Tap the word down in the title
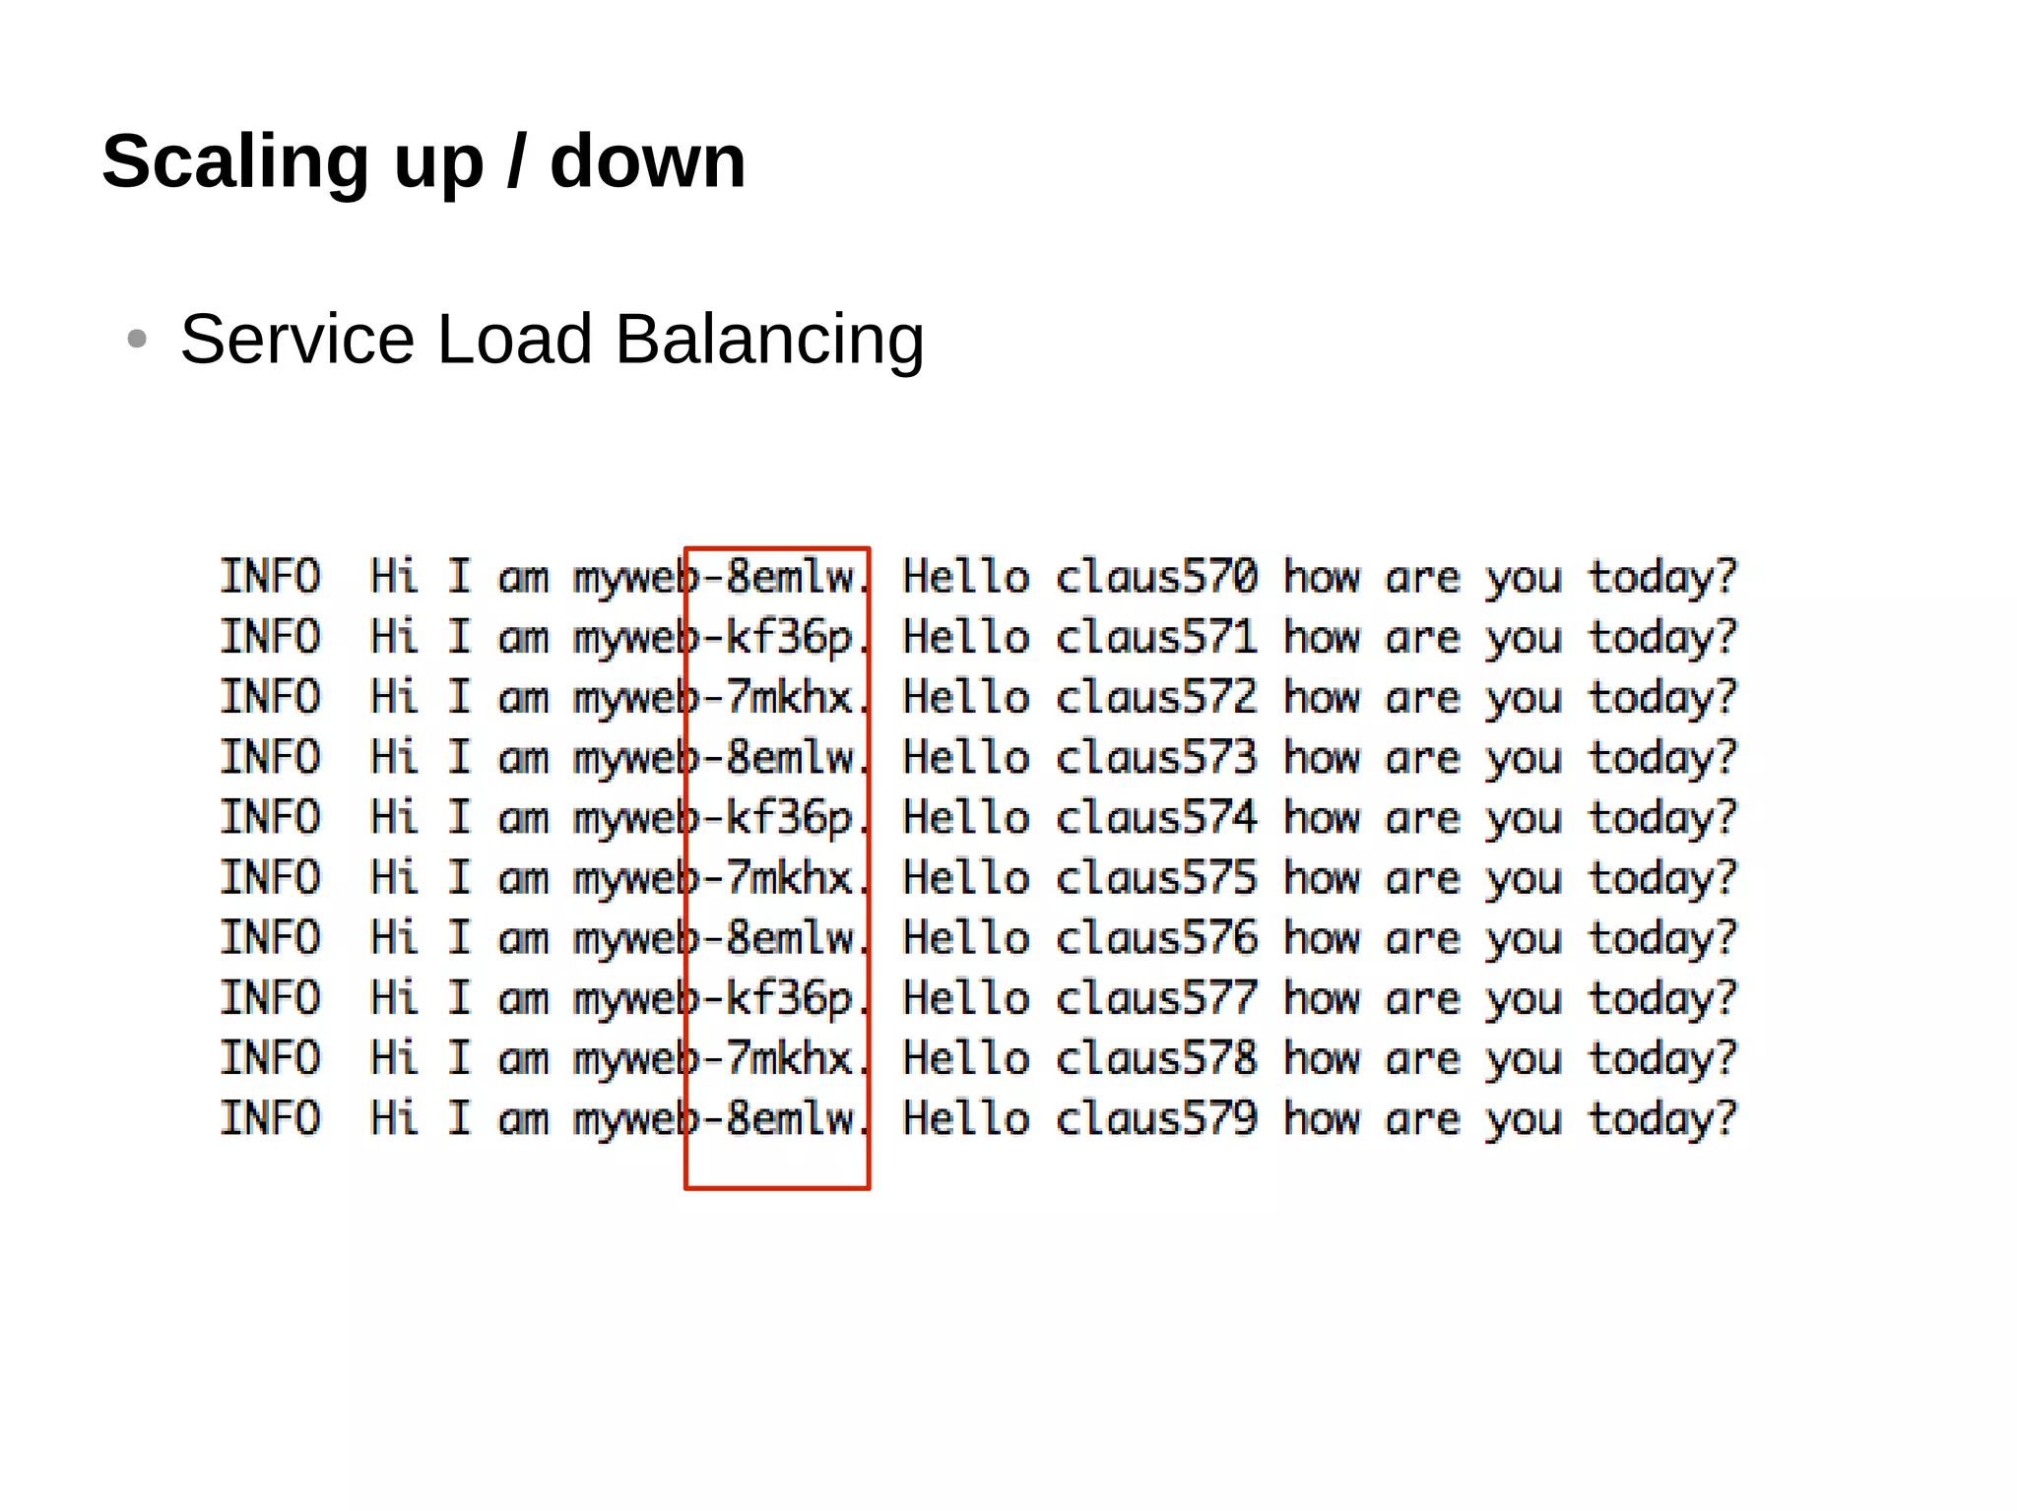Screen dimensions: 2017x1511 click(647, 162)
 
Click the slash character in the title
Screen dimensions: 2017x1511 click(515, 162)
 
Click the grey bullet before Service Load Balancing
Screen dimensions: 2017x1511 click(137, 340)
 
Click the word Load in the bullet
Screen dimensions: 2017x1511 click(515, 340)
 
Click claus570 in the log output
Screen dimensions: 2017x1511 click(1156, 577)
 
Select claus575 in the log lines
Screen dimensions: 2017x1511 click(1156, 878)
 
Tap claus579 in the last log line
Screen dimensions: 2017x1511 click(1156, 1119)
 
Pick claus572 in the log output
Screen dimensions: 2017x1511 click(1156, 698)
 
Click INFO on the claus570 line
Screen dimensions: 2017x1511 click(270, 577)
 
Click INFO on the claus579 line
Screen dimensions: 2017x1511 click(270, 1119)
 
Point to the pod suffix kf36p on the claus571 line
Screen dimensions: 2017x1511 click(789, 638)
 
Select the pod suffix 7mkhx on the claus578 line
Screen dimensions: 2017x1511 click(789, 1059)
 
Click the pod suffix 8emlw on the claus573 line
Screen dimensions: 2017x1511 click(789, 758)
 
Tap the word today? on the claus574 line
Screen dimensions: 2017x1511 click(1662, 819)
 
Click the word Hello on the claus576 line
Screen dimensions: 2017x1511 click(966, 938)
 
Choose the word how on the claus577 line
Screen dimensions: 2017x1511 click(1322, 999)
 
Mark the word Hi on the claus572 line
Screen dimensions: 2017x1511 click(394, 698)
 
